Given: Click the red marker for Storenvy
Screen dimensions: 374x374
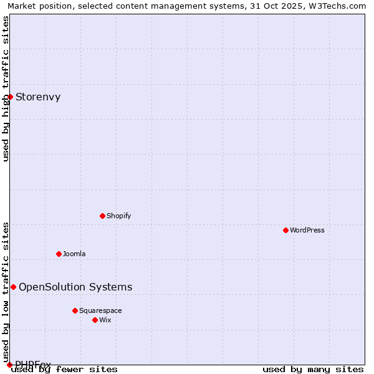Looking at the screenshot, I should click(10, 97).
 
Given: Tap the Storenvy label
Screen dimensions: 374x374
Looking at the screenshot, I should click(38, 97).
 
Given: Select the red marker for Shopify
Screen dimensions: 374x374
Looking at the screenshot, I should click(102, 216).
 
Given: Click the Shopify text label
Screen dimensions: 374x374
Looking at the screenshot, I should click(118, 216).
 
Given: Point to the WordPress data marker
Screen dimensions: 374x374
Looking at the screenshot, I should click(285, 230).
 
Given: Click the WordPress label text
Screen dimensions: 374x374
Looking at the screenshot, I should click(307, 230).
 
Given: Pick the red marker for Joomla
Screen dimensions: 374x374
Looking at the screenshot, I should click(59, 254).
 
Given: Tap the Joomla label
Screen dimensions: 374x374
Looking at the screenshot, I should click(74, 254).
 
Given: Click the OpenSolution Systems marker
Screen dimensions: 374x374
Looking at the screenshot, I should click(13, 287).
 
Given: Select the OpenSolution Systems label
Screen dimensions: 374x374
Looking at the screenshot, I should click(75, 287).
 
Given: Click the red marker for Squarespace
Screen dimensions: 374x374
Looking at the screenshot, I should click(75, 310).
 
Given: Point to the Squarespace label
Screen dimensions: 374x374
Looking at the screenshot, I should click(100, 310).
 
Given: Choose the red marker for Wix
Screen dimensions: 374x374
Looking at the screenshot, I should click(95, 320).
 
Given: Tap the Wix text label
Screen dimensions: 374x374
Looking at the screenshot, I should click(105, 320).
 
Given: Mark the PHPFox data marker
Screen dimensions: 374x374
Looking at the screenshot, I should click(9, 365).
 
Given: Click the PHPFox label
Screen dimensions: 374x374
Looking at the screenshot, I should click(33, 364).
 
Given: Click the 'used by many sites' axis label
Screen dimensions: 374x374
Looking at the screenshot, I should click(313, 369).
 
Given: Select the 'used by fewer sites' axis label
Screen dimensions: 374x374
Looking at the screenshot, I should click(64, 369).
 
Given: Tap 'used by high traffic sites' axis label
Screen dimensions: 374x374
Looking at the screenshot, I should click(6, 89).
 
